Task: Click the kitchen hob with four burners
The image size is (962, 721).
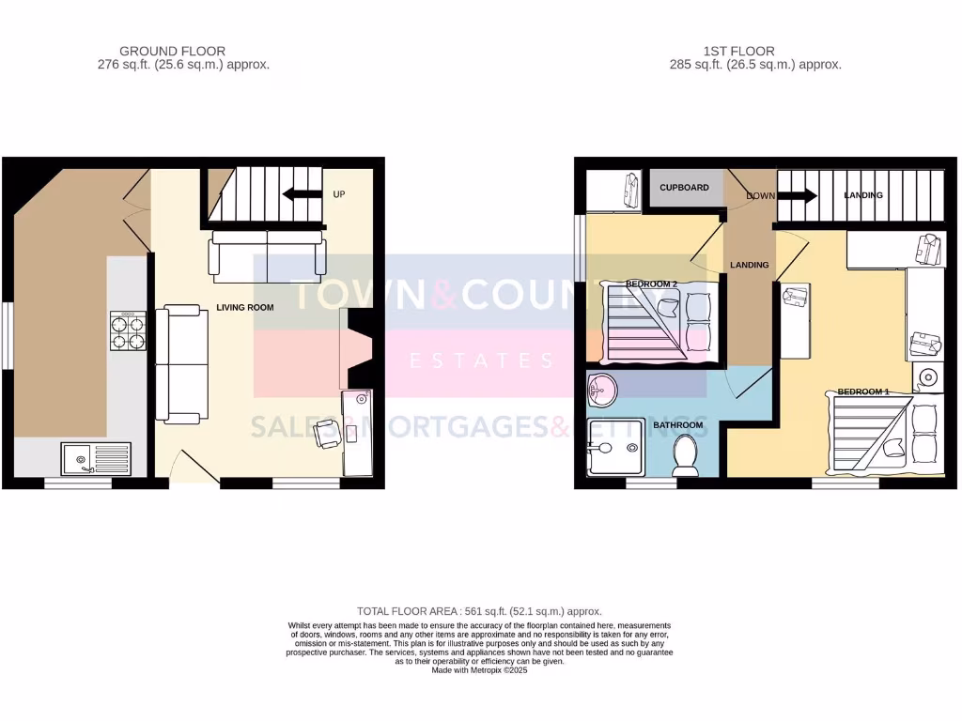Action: click(x=129, y=330)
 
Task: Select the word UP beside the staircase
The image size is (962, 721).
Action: click(x=340, y=194)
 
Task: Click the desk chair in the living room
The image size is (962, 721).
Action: click(x=328, y=433)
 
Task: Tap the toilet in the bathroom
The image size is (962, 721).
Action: click(x=685, y=457)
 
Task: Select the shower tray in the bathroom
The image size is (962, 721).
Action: click(x=615, y=447)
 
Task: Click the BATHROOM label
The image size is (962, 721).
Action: click(x=678, y=425)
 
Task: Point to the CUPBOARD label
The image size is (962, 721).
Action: click(x=684, y=188)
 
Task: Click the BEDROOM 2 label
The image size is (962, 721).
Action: click(x=652, y=284)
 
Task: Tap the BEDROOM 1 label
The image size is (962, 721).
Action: click(x=862, y=391)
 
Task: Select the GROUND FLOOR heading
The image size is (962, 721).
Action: click(x=173, y=51)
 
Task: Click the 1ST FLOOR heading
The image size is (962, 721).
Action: click(x=738, y=51)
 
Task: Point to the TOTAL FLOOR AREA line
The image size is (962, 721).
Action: click(x=479, y=611)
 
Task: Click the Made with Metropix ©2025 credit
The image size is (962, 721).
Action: click(x=479, y=670)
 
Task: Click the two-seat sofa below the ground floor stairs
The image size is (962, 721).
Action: click(x=267, y=254)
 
